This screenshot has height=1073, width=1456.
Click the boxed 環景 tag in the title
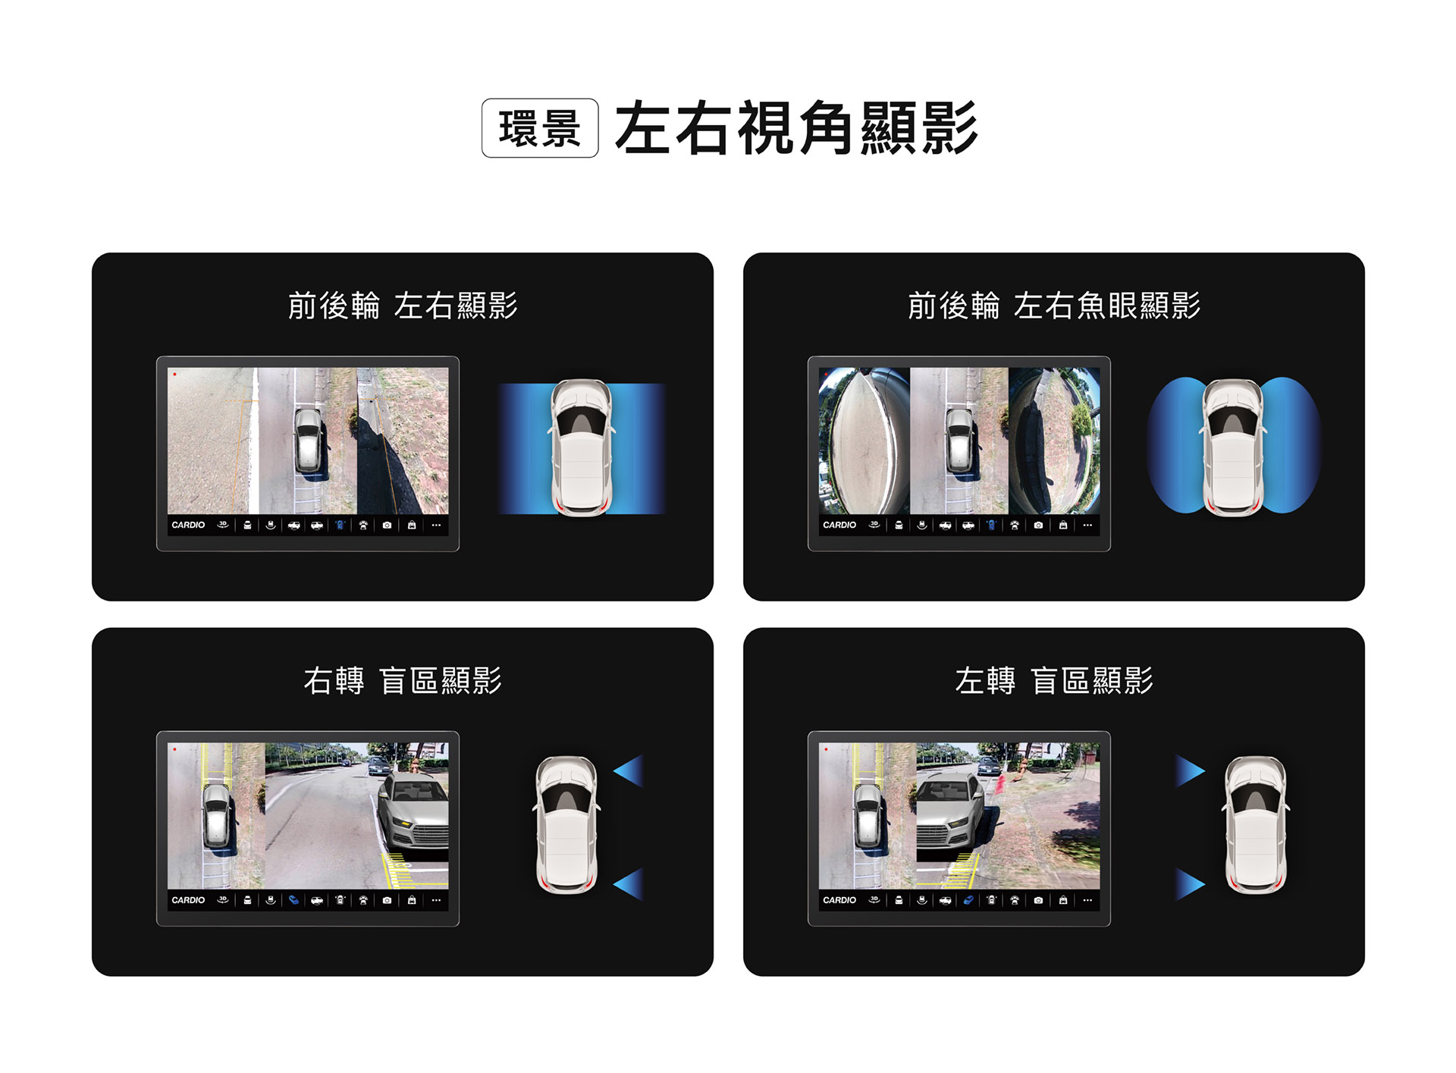tap(540, 128)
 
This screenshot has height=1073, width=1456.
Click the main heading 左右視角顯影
tap(796, 128)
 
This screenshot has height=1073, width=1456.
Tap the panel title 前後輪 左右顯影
tap(403, 306)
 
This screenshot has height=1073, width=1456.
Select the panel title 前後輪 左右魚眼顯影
tap(1054, 306)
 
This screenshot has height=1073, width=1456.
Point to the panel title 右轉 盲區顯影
tap(403, 680)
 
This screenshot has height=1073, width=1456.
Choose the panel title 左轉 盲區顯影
tap(1054, 680)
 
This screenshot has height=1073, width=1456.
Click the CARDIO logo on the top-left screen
tap(188, 525)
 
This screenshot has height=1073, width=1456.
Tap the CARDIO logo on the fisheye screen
tap(839, 525)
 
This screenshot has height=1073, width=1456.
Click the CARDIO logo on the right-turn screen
tap(188, 900)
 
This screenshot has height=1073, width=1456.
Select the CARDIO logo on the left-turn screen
tap(839, 900)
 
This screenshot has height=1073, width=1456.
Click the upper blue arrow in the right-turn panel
tap(630, 771)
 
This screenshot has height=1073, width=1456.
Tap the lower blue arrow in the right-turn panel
tap(630, 884)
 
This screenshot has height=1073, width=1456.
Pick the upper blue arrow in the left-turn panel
tap(1189, 771)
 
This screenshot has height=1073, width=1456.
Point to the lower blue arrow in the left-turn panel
tap(1189, 884)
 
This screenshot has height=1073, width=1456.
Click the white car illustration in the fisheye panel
tap(1233, 447)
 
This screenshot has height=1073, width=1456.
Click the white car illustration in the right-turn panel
tap(566, 824)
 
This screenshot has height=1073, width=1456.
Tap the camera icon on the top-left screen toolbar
tap(387, 525)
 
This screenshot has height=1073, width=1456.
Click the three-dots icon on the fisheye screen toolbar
tap(1087, 525)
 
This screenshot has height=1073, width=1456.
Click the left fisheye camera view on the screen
tap(864, 441)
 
